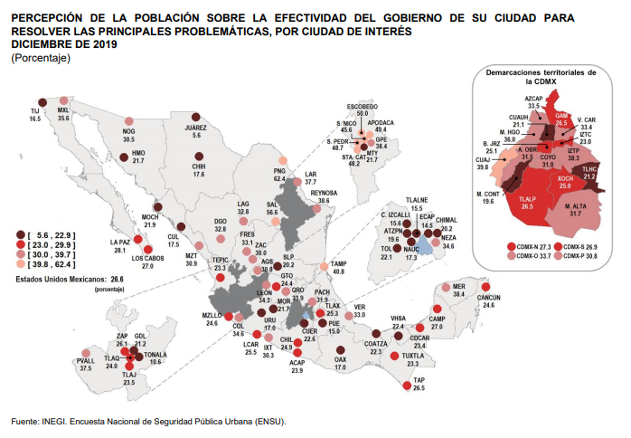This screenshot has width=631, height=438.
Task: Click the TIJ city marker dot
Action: [42, 102]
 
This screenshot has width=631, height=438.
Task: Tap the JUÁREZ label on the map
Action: [196, 128]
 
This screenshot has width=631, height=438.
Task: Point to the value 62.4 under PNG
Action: [280, 179]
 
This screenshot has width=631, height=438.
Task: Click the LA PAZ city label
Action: [118, 242]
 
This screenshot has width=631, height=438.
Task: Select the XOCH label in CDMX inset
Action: [566, 179]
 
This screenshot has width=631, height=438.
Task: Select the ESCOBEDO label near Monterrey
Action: [363, 106]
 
